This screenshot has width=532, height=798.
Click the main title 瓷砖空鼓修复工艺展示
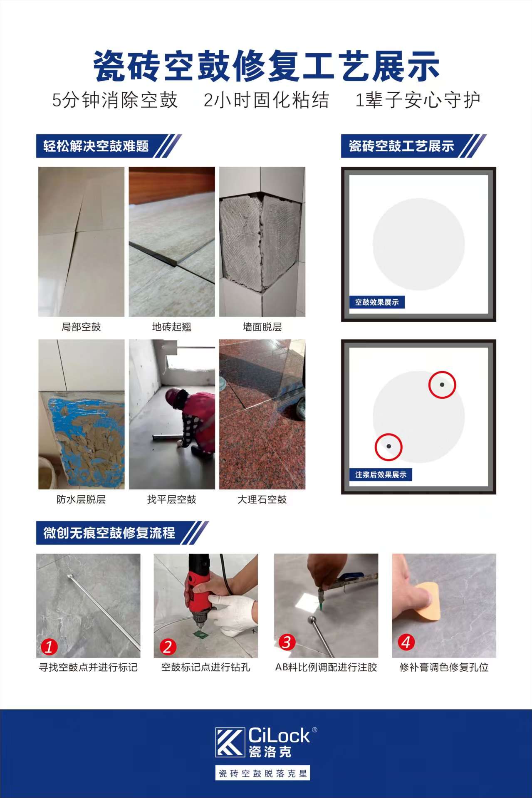tap(266, 66)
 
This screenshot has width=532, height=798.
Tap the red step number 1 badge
tap(49, 647)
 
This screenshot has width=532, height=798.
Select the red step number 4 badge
tap(406, 642)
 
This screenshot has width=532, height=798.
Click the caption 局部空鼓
tap(81, 327)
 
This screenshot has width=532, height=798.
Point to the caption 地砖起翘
tap(172, 327)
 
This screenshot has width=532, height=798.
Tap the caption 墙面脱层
tap(262, 327)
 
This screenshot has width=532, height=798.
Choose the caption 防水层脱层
tap(81, 499)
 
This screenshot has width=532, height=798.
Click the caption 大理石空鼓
tap(262, 499)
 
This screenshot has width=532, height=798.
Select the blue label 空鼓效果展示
tap(377, 302)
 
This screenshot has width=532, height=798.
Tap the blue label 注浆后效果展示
tap(381, 474)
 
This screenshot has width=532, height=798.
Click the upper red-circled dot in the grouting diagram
tap(442, 385)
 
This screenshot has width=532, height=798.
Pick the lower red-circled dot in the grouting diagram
tap(388, 447)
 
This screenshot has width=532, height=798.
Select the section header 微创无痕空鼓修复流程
tap(109, 533)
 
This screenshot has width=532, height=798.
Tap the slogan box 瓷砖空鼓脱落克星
tap(262, 773)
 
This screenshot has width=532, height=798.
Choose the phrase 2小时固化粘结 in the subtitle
tap(266, 100)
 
